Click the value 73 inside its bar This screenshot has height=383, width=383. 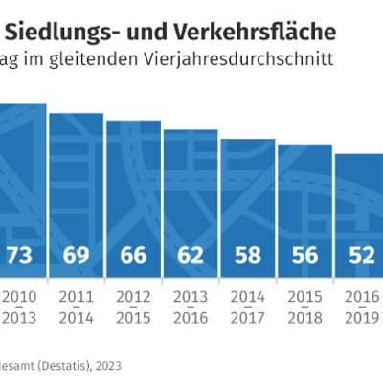19,256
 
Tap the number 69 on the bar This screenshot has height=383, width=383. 76,256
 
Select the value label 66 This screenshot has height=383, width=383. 133,256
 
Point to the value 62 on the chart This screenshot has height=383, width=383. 191,256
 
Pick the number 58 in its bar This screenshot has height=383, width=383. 248,256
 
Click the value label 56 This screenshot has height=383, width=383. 304,256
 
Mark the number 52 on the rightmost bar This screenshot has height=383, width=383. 362,256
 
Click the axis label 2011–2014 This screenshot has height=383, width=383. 77,307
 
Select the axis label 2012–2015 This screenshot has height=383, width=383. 133,307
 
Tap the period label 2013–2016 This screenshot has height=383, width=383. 191,307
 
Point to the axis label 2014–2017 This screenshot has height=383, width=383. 248,307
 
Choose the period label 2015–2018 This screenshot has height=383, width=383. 304,307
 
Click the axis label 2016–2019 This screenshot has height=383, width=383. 362,307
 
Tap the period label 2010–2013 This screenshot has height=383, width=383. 19,307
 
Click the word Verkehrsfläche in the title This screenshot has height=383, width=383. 256,33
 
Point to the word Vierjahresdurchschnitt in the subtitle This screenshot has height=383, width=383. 238,59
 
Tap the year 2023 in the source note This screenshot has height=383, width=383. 108,366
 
